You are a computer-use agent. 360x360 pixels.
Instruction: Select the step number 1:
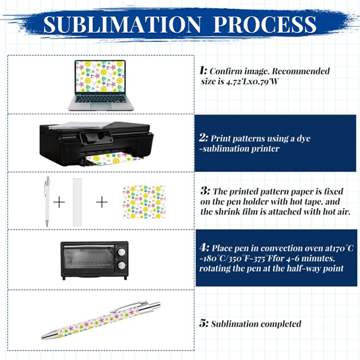203,71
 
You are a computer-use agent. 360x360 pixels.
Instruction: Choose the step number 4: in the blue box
205,247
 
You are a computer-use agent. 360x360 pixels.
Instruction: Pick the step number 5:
204,324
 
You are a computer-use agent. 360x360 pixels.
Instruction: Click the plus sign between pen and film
59,202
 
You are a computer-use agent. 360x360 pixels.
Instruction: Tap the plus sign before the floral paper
102,202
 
